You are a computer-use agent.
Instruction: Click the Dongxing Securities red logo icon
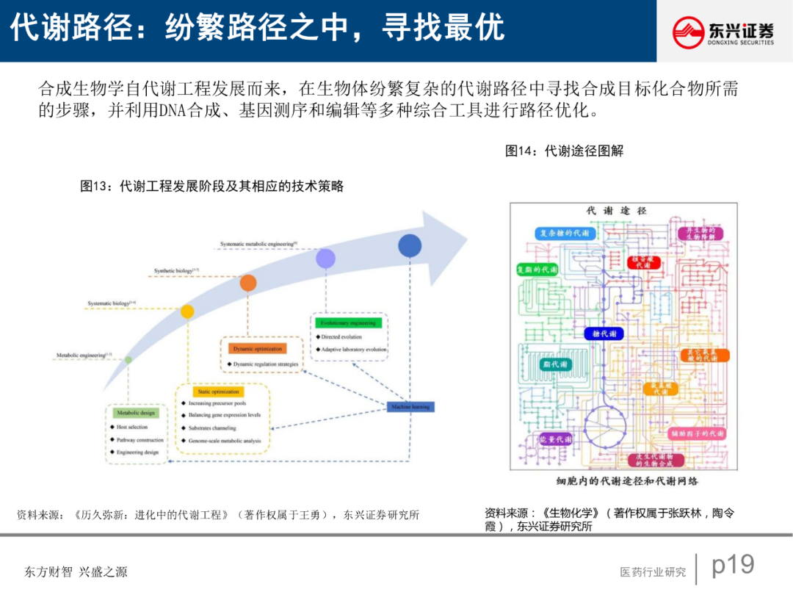(x=689, y=32)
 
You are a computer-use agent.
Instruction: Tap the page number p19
(x=733, y=565)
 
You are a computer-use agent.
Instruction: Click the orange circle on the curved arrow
(x=248, y=283)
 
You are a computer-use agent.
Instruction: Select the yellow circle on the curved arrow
(x=187, y=311)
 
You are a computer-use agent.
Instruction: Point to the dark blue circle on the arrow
(x=410, y=245)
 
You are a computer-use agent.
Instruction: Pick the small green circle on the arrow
(x=128, y=359)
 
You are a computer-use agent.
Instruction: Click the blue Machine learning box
(x=410, y=406)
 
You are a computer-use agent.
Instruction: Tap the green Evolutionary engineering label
(x=347, y=322)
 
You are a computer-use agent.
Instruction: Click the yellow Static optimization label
(x=219, y=392)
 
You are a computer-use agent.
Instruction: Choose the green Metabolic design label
(x=137, y=413)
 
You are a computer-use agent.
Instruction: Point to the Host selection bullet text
(x=132, y=427)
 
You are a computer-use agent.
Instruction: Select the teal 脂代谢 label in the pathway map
(x=555, y=364)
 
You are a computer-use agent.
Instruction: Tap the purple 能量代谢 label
(x=555, y=439)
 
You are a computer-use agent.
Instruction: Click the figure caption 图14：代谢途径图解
(x=564, y=151)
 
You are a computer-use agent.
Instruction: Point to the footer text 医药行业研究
(x=653, y=571)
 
